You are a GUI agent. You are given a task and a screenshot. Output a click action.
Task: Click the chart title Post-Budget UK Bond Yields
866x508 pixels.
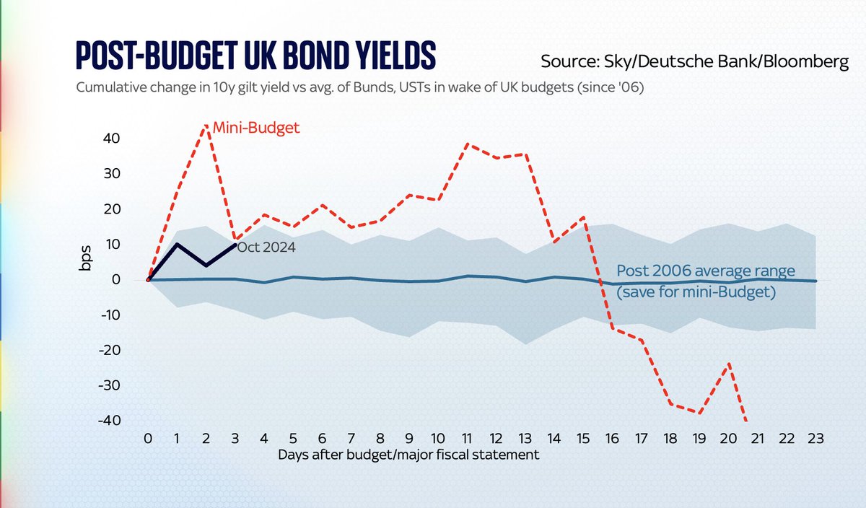pyautogui.click(x=256, y=56)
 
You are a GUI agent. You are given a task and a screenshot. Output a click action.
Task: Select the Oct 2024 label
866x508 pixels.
pyautogui.click(x=266, y=247)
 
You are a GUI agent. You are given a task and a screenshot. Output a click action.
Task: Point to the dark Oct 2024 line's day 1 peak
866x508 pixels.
pyautogui.click(x=178, y=244)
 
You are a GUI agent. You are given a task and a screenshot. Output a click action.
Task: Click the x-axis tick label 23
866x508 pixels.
pyautogui.click(x=815, y=438)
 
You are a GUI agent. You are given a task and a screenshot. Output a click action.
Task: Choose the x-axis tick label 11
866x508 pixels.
pyautogui.click(x=467, y=438)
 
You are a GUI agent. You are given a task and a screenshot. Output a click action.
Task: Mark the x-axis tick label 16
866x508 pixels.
pyautogui.click(x=612, y=438)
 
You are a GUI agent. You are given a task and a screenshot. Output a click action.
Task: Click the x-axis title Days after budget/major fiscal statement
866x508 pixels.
pyautogui.click(x=408, y=455)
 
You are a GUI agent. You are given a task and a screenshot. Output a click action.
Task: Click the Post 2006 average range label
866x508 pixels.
pyautogui.click(x=705, y=272)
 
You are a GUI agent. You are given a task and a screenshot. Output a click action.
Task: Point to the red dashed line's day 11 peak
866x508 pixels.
pyautogui.click(x=467, y=144)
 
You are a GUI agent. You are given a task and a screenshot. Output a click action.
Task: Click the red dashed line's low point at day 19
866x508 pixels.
pyautogui.click(x=699, y=413)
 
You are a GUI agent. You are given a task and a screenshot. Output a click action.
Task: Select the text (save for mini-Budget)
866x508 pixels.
pyautogui.click(x=696, y=293)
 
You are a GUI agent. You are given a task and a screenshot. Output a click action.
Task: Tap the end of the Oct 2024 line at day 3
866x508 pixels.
pyautogui.click(x=236, y=244)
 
